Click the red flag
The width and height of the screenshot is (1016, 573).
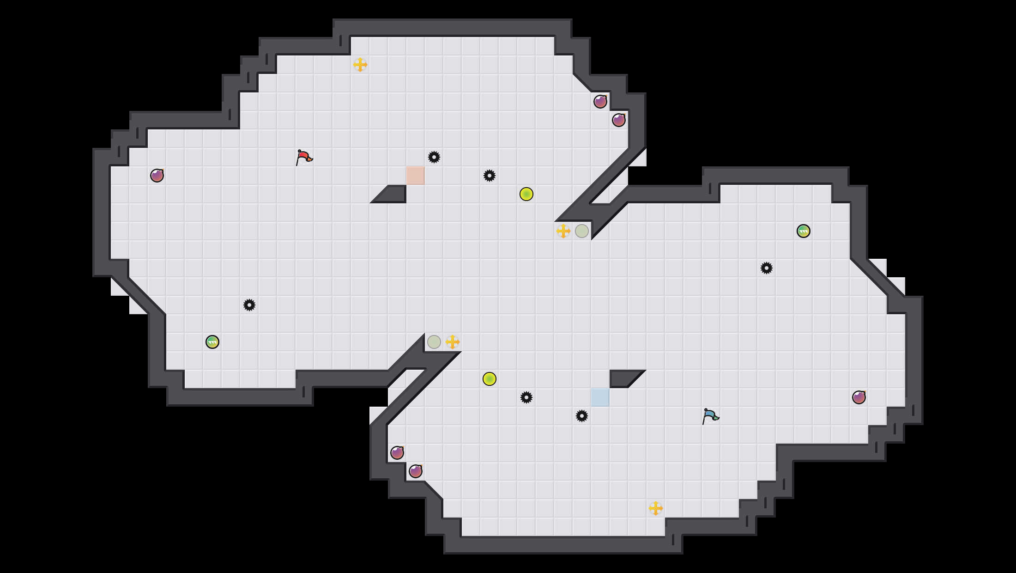(303, 158)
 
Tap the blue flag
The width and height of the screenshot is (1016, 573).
(710, 416)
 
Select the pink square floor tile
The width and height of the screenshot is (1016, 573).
(415, 176)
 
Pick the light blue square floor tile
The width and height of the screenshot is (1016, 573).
(600, 397)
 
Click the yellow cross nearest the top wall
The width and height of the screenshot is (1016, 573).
(360, 65)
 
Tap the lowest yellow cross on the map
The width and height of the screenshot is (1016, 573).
(656, 508)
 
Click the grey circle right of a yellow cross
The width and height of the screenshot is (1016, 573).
(582, 231)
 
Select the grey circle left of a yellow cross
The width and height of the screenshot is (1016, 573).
(434, 342)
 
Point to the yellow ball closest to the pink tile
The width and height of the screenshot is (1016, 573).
(526, 194)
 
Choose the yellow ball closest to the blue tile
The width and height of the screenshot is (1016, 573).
(490, 379)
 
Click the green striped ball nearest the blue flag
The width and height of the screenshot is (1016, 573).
(804, 231)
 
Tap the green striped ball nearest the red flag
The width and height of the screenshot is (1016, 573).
(212, 342)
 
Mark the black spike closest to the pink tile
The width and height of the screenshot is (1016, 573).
(434, 157)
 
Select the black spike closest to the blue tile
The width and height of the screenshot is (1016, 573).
(582, 416)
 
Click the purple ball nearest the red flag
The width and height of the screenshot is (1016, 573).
(157, 176)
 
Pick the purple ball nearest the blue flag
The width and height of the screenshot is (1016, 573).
(859, 397)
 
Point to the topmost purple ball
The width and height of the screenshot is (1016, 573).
(600, 102)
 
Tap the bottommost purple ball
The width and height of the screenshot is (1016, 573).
(416, 471)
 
